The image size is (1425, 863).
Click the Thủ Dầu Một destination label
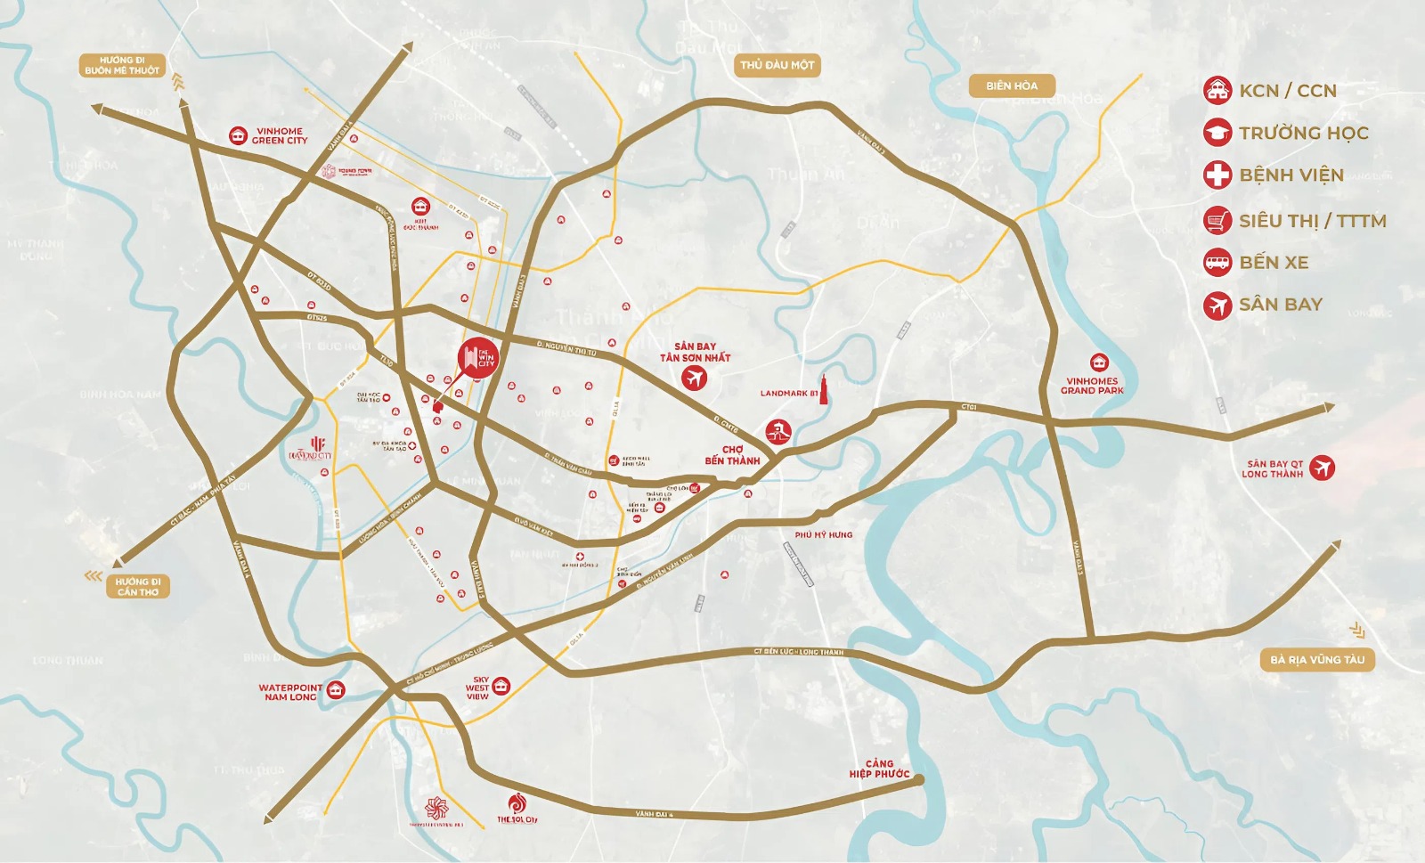777,65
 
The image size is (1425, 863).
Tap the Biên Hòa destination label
1012,85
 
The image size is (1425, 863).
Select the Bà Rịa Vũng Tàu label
1316,660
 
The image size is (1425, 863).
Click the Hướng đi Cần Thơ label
137,586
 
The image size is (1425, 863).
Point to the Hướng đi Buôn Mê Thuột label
122,65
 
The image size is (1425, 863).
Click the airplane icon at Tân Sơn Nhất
694,379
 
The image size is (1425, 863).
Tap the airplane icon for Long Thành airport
1323,468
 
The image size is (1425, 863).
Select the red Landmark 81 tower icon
824,390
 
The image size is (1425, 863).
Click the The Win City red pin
478,358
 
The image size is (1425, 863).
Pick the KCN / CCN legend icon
1217,90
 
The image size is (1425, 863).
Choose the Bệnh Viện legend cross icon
1217,175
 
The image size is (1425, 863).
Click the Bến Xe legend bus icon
1217,262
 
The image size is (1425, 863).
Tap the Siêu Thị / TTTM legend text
1312,221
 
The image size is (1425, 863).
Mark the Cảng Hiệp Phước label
879,769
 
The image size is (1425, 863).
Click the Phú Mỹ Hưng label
823,535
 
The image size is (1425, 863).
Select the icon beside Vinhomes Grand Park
1099,362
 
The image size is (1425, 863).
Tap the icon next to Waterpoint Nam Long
336,690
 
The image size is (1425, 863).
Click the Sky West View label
478,688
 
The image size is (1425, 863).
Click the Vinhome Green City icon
238,135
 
